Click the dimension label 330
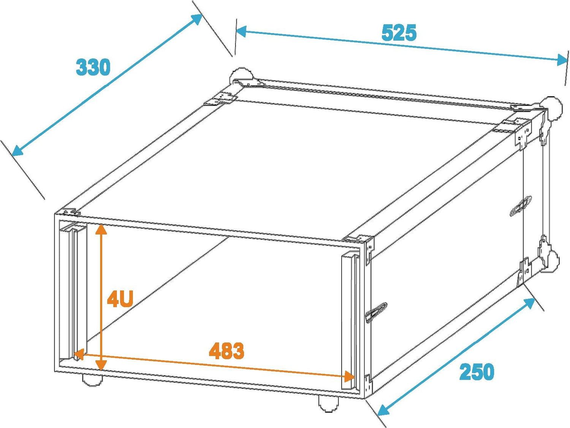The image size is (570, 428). [93, 67]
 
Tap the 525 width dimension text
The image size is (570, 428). [399, 33]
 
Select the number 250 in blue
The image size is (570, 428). [477, 372]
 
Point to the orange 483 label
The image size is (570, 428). [226, 351]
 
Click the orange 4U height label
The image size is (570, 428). [120, 299]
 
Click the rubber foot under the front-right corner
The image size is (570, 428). [328, 404]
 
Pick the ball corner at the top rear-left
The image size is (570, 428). [240, 75]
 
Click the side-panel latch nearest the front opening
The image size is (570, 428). [376, 312]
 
